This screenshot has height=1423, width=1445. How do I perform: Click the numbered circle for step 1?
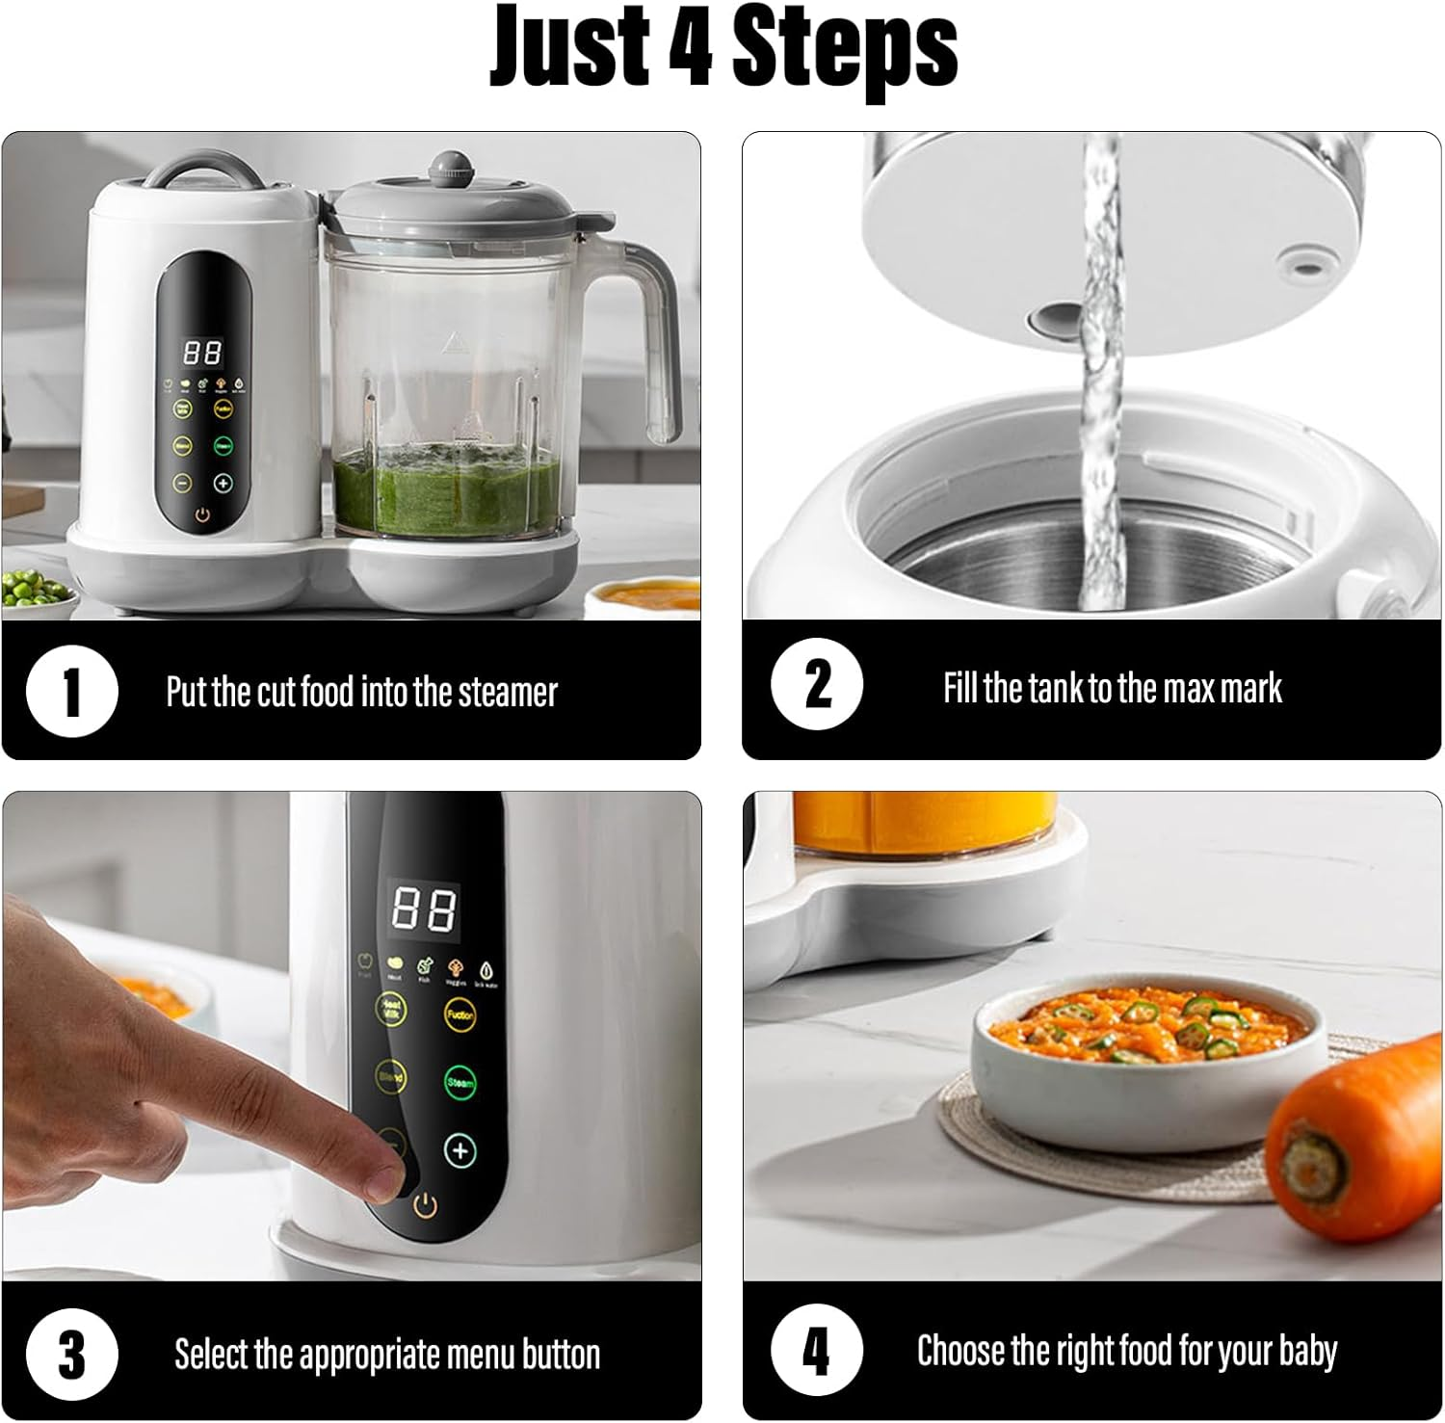71,692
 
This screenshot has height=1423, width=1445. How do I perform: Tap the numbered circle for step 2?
817,685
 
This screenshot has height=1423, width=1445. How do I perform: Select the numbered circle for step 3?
71,1354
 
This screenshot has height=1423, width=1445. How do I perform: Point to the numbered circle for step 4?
817,1350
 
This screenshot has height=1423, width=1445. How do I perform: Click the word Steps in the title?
845,46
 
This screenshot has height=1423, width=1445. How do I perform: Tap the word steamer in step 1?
508,692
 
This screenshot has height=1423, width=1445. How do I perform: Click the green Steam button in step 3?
460,1082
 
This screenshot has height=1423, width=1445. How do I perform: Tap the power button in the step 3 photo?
425,1204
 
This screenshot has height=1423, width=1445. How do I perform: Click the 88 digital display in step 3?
422,908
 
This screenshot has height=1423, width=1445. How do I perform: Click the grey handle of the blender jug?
665,337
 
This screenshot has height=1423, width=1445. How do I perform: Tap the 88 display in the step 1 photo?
202,353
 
